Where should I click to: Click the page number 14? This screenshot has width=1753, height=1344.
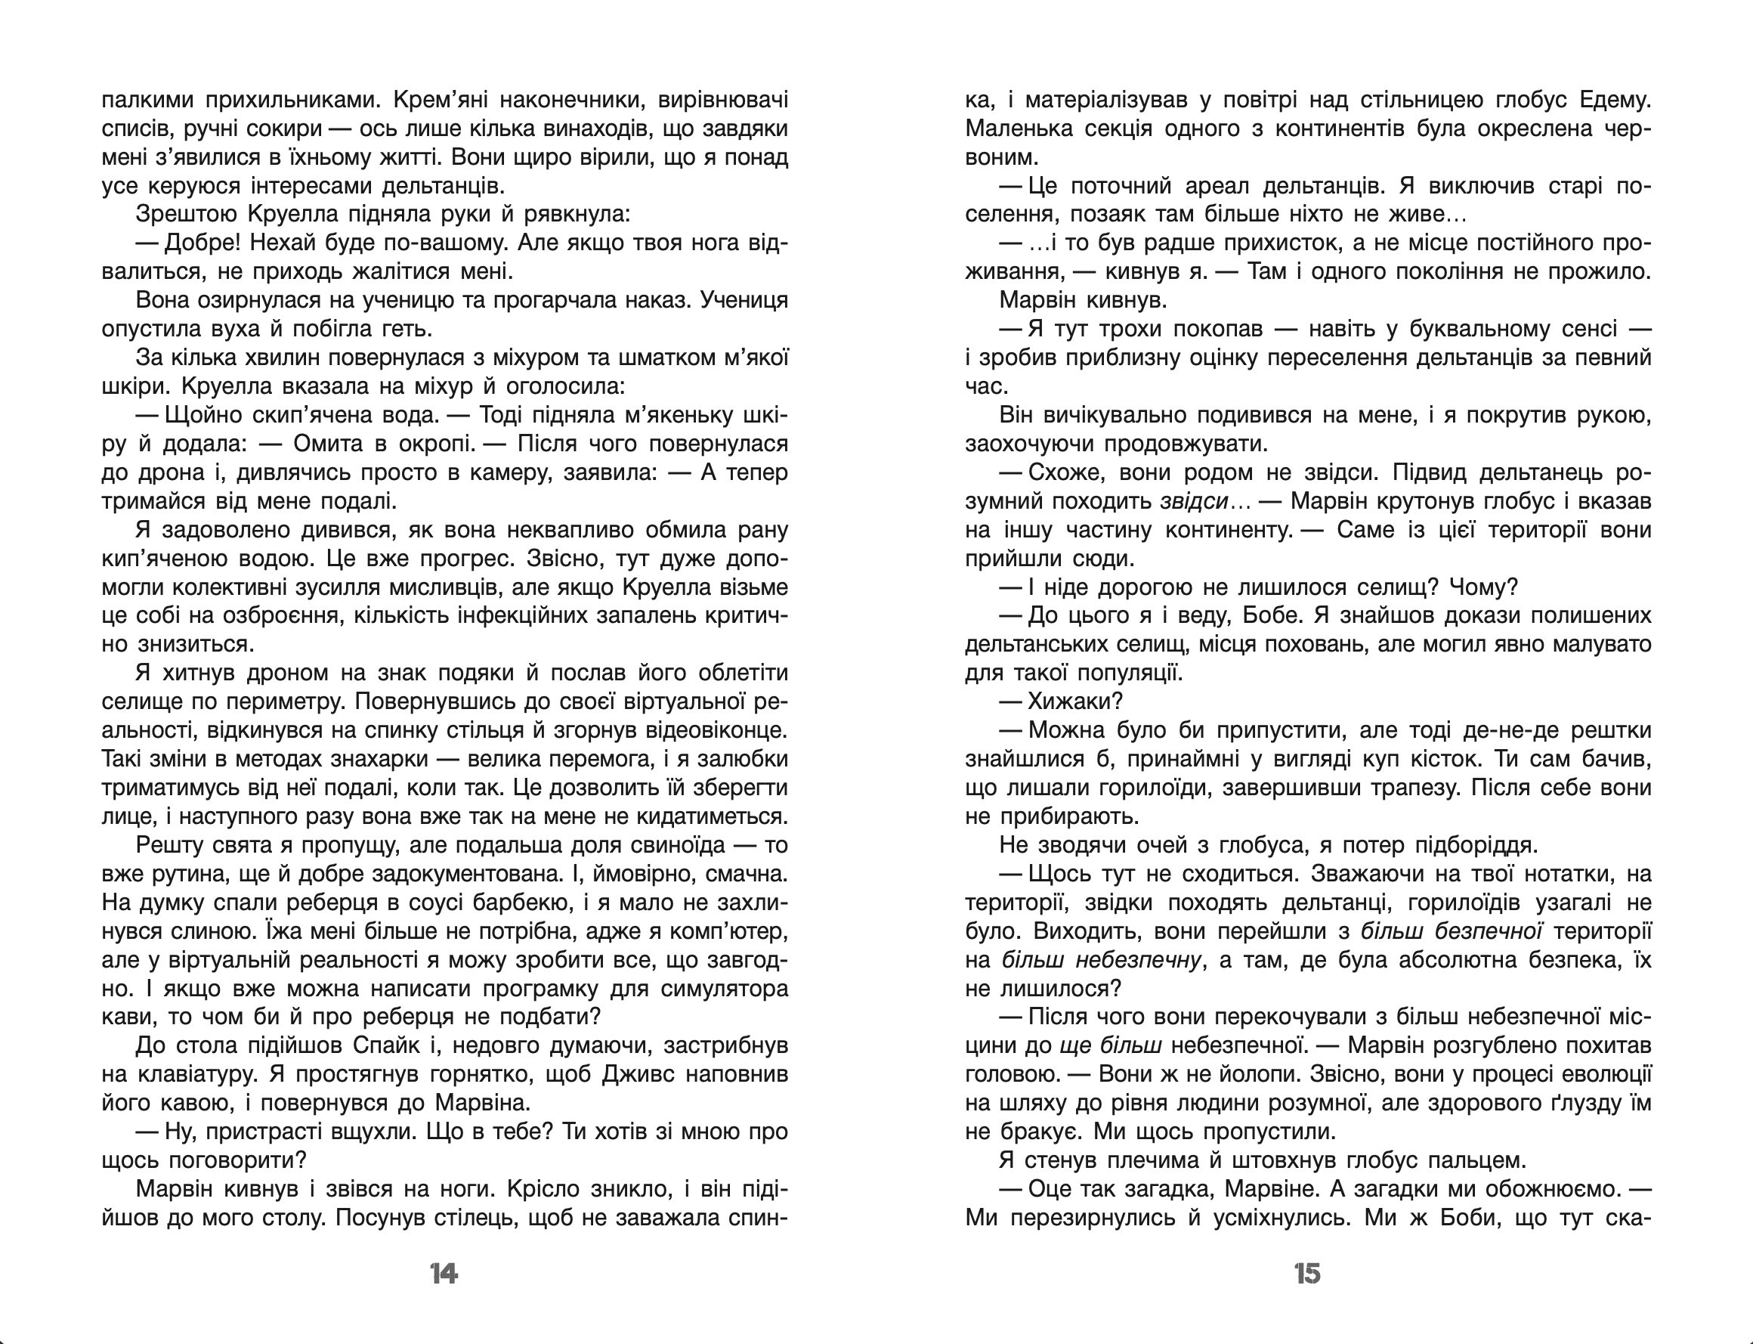(444, 1274)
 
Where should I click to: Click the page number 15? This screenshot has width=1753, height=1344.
(1307, 1274)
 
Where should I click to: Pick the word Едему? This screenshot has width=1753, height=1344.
(1615, 100)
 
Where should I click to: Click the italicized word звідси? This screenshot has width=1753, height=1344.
(1193, 502)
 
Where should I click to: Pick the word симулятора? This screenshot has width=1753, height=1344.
(724, 989)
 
